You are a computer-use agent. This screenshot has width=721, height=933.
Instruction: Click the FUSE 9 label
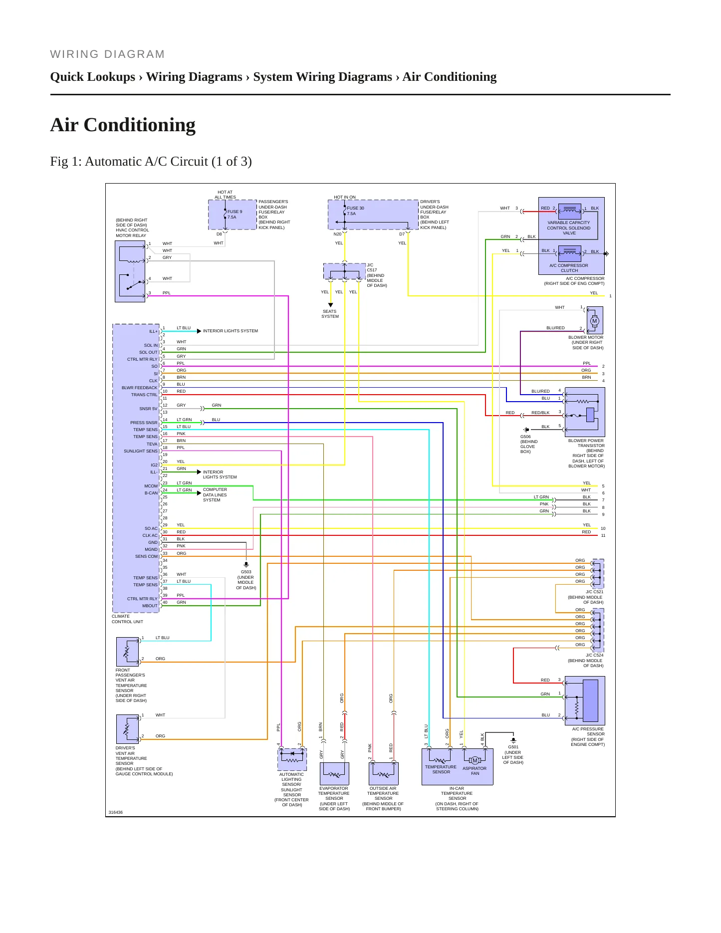235,212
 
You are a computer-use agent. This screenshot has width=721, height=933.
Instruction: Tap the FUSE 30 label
355,208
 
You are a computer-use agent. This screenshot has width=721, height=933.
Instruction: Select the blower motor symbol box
595,320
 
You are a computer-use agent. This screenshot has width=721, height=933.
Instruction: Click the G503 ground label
246,572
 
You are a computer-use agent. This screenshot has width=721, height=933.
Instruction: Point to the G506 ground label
525,437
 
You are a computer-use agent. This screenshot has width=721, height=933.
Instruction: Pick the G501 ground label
513,747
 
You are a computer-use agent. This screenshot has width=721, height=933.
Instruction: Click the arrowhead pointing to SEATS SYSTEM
330,305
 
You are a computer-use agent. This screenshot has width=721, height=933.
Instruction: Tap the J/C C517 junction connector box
344,271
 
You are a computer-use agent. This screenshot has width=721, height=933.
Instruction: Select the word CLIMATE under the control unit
121,616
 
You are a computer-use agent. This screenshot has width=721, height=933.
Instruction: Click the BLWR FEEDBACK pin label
139,388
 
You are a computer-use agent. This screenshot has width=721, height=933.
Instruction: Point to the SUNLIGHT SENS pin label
141,451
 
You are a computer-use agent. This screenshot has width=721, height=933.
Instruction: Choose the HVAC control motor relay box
130,271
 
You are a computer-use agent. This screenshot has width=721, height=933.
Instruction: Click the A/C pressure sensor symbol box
585,700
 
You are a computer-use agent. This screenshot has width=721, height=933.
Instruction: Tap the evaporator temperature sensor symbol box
334,773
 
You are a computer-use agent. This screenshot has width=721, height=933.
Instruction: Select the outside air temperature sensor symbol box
383,773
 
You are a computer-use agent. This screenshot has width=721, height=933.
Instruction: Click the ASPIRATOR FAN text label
475,771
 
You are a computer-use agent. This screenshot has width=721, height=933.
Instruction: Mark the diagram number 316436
116,812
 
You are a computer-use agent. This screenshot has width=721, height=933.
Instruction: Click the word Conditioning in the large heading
140,125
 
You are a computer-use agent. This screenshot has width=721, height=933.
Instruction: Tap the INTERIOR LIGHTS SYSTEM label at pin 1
231,331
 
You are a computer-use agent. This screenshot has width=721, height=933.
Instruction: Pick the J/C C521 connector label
594,592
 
